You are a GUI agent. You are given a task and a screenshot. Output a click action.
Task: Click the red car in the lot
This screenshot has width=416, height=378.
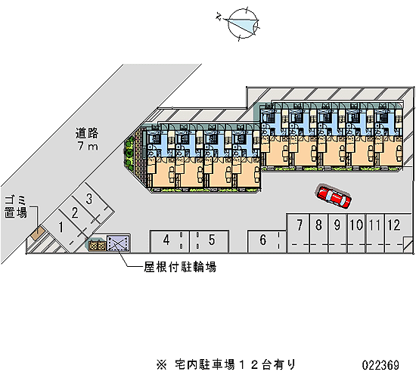tap(334, 197)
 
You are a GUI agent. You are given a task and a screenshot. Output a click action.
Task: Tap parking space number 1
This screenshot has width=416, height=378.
tap(61, 228)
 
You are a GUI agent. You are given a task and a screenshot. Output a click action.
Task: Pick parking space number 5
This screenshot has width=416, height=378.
tap(209, 241)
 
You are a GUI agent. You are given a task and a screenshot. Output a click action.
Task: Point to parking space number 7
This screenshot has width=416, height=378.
tap(299, 233)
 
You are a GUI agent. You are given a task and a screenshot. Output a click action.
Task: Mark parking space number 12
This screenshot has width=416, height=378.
tap(356, 233)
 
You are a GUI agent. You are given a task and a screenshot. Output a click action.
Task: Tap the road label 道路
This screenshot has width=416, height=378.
tap(87, 133)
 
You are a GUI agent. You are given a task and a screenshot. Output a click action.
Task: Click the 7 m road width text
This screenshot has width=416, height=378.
tap(88, 146)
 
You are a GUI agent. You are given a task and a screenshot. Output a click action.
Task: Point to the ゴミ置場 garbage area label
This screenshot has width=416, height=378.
tap(16, 207)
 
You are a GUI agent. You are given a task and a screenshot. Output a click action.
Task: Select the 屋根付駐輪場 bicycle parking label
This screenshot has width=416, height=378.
tap(180, 267)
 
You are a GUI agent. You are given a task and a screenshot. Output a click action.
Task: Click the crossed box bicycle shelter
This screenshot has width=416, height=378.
tap(117, 243)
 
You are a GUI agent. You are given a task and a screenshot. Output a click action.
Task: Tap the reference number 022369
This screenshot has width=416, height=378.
tap(380, 365)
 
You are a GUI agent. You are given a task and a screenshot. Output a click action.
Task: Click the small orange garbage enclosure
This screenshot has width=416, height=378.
tap(37, 233)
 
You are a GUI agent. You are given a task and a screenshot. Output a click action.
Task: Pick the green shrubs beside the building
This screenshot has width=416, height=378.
tap(129, 154)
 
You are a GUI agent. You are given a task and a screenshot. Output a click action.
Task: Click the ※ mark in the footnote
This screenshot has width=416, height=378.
tap(161, 364)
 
